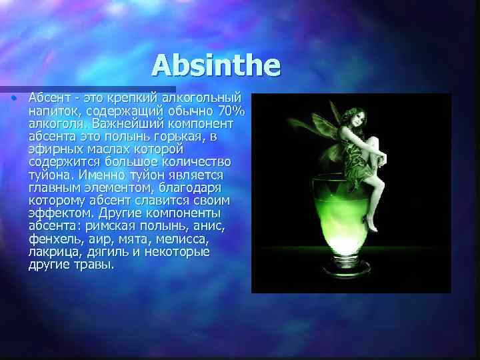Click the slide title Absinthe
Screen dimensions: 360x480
217,65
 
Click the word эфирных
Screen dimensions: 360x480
55,149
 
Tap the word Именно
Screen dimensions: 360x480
100,175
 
